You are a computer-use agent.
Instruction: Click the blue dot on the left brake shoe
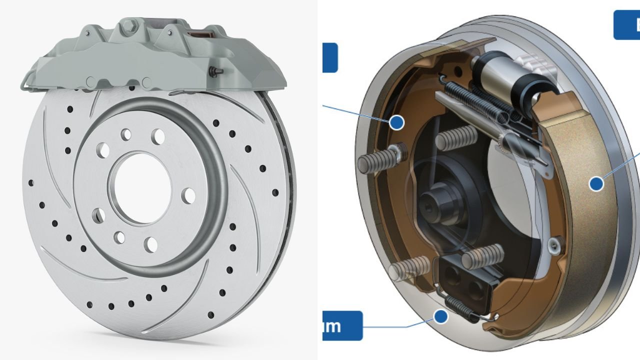coord(396,122)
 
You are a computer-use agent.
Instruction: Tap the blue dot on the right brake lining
coord(596,183)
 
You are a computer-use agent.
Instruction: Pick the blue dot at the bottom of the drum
coord(440,316)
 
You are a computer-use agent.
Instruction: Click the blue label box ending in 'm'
coord(342,325)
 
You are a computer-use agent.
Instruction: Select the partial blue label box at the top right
coord(627,24)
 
